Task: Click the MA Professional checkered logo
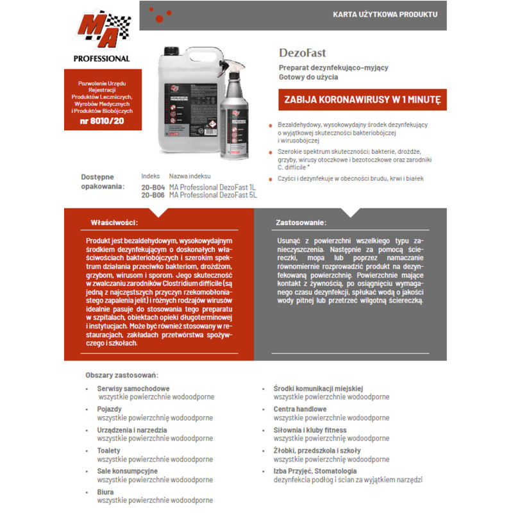click(103, 29)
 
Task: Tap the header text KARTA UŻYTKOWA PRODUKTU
click(385, 13)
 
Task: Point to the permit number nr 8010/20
click(103, 121)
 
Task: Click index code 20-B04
click(153, 187)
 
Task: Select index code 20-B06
click(153, 195)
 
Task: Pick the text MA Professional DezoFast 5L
click(213, 195)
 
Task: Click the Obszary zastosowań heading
click(121, 375)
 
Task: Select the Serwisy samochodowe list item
click(133, 389)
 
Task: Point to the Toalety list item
click(109, 451)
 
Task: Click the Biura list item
click(105, 492)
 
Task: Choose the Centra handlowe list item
click(299, 409)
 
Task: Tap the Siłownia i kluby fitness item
click(310, 430)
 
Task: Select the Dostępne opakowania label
click(102, 181)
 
